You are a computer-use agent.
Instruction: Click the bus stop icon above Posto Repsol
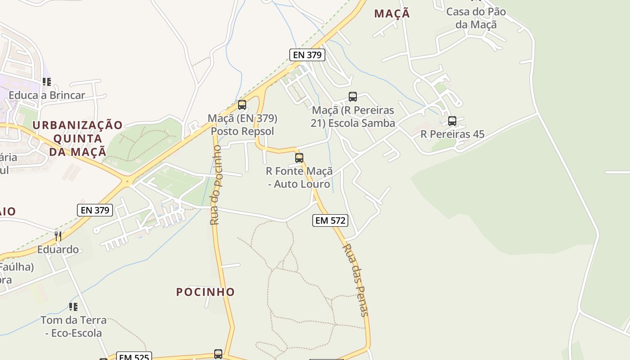pyautogui.click(x=242, y=105)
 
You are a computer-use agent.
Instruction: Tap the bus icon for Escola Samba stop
pyautogui.click(x=353, y=97)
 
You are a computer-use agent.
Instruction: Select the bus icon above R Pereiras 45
pyautogui.click(x=452, y=121)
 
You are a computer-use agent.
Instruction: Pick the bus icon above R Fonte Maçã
pyautogui.click(x=299, y=158)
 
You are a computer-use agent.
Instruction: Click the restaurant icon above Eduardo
pyautogui.click(x=58, y=236)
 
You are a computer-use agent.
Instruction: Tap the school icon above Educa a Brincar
pyautogui.click(x=47, y=82)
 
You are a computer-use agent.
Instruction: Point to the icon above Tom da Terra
pyautogui.click(x=73, y=307)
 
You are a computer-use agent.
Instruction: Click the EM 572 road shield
pyautogui.click(x=330, y=220)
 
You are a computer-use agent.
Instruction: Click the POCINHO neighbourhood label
pyautogui.click(x=206, y=292)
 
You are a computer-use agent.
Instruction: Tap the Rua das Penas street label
pyautogui.click(x=356, y=280)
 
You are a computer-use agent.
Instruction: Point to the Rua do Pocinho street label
pyautogui.click(x=216, y=185)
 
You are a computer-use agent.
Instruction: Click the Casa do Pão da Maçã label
pyautogui.click(x=476, y=18)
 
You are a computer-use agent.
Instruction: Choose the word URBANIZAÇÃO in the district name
pyautogui.click(x=77, y=125)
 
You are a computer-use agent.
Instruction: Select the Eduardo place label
pyautogui.click(x=58, y=249)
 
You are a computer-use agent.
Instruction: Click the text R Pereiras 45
pyautogui.click(x=452, y=134)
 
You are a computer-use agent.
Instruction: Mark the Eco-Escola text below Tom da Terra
pyautogui.click(x=73, y=333)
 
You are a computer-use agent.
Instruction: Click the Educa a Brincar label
pyautogui.click(x=47, y=95)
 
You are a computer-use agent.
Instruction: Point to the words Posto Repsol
pyautogui.click(x=243, y=131)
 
